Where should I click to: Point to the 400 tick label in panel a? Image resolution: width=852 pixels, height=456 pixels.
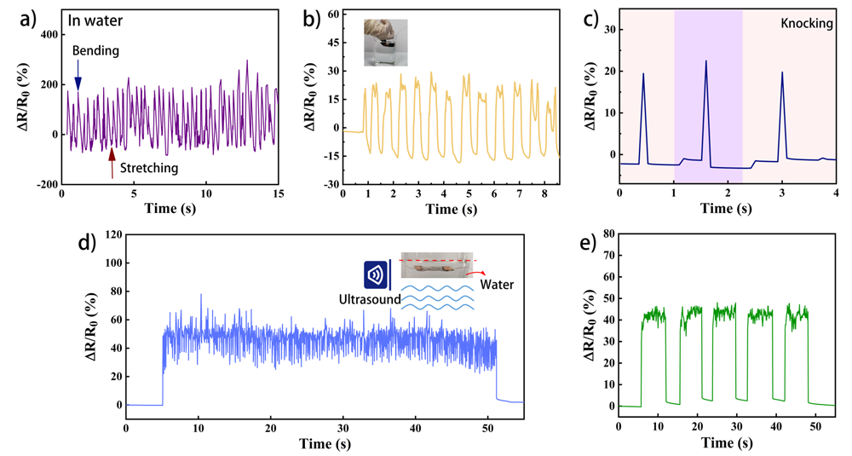coord(44,35)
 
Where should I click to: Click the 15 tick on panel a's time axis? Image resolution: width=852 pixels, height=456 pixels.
coord(277,194)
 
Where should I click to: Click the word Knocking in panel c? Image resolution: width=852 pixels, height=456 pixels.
coord(807,24)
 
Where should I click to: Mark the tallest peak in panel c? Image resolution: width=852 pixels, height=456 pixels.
coord(705,61)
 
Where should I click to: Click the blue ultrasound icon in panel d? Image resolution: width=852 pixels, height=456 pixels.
coord(372,276)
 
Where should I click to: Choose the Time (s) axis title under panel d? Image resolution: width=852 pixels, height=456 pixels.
coord(325,443)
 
